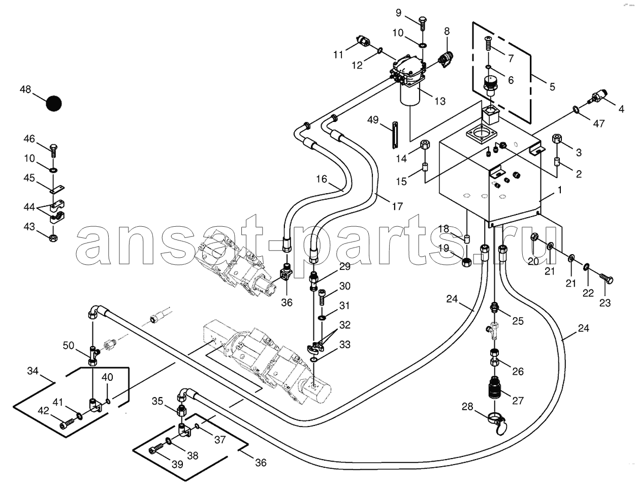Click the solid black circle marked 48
(54, 103)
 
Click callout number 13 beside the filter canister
(440, 101)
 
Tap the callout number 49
(373, 119)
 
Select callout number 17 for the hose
(397, 206)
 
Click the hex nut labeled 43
(53, 237)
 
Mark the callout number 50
(69, 345)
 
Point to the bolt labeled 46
(53, 150)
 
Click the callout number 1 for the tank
(559, 190)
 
